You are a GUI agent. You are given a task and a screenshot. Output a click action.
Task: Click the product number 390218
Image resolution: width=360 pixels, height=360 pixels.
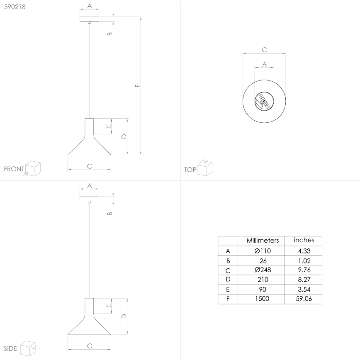pyautogui.click(x=15, y=7)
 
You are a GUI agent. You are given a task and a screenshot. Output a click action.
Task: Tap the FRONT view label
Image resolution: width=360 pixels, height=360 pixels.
pyautogui.click(x=14, y=169)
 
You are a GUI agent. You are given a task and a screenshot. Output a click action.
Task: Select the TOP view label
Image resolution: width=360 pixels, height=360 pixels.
pyautogui.click(x=190, y=169)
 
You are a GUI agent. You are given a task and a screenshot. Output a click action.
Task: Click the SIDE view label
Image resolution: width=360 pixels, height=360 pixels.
pyautogui.click(x=10, y=348)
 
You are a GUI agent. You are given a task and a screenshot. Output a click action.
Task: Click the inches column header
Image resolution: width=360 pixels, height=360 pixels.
pyautogui.click(x=304, y=240)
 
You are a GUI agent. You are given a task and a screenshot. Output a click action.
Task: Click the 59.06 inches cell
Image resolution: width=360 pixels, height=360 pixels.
pyautogui.click(x=304, y=299)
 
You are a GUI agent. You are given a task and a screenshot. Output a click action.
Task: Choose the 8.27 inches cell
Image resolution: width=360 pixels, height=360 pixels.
pyautogui.click(x=304, y=280)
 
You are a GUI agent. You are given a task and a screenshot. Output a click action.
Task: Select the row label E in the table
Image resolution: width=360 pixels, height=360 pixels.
pyautogui.click(x=227, y=289)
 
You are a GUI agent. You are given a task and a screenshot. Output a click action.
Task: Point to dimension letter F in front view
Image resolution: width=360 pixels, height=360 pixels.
pyautogui.click(x=137, y=86)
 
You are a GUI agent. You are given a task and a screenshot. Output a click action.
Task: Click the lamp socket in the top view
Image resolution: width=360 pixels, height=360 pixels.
pyautogui.click(x=264, y=102)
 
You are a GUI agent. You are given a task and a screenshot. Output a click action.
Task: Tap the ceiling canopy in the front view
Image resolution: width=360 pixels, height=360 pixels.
pyautogui.click(x=89, y=19)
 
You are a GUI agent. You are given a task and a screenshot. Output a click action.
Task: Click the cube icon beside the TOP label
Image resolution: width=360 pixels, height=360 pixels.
pyautogui.click(x=204, y=168)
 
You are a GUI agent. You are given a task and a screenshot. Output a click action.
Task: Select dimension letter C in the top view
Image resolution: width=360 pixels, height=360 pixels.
pyautogui.click(x=264, y=50)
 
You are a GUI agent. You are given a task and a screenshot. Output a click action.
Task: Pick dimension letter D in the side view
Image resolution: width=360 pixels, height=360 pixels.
pyautogui.click(x=123, y=316)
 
